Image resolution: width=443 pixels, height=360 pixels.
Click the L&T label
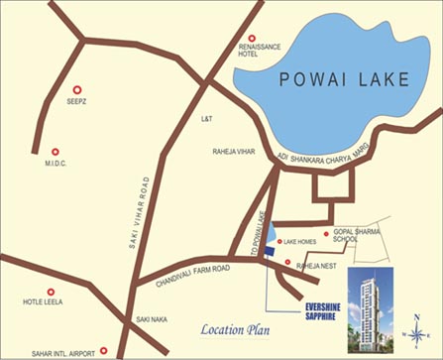click(x=207, y=119)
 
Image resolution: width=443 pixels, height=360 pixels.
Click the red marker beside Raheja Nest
click(x=287, y=263)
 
